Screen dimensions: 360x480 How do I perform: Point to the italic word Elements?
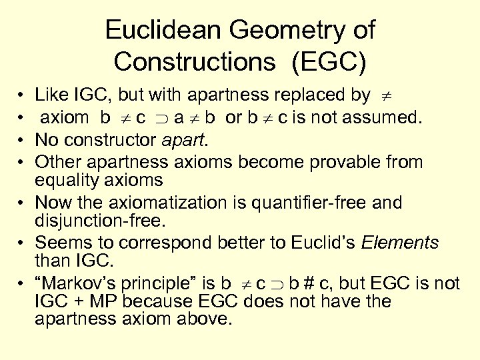point(400,242)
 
